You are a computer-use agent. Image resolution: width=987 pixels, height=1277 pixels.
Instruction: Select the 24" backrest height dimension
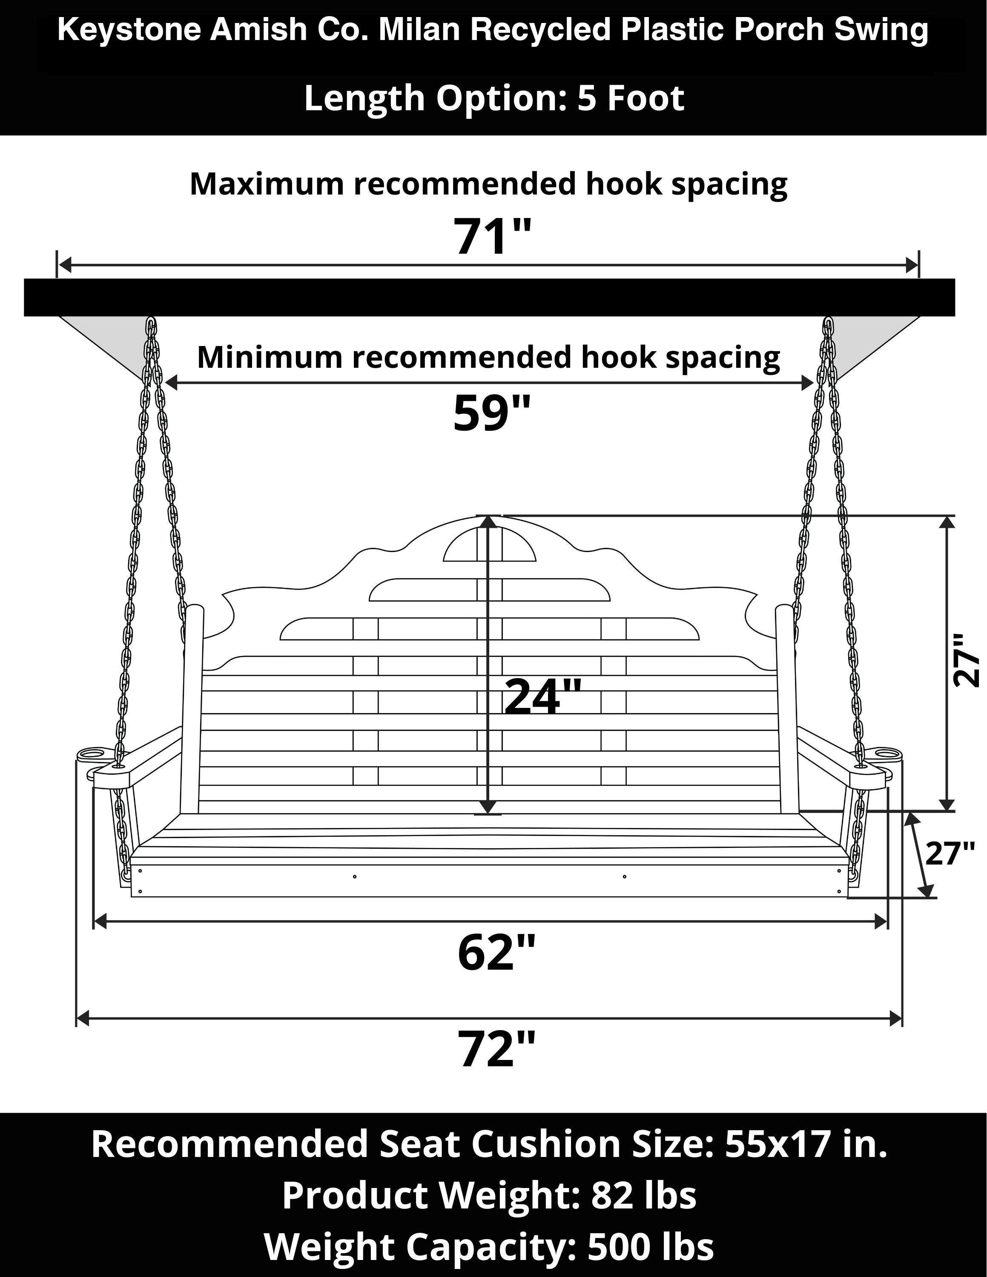[x=542, y=696]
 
